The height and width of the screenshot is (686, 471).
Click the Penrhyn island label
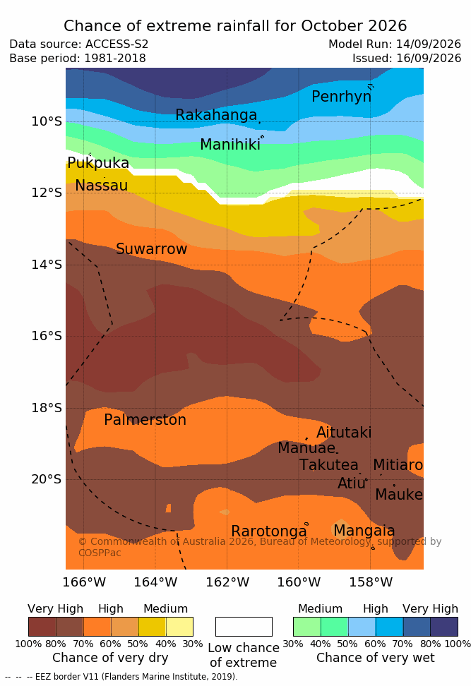[342, 97]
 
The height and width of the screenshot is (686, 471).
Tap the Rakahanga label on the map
[216, 115]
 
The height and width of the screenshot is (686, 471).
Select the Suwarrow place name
[151, 249]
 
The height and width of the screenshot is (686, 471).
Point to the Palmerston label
[145, 420]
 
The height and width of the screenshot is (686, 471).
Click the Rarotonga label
[269, 531]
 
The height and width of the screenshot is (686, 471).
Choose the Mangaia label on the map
[364, 531]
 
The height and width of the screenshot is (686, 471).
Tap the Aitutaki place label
[344, 433]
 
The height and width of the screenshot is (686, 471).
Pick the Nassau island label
[102, 186]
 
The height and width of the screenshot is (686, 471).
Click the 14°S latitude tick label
[47, 264]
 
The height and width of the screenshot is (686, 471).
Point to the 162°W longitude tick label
[227, 582]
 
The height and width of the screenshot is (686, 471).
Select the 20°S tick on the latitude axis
[47, 479]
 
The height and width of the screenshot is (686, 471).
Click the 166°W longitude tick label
[84, 582]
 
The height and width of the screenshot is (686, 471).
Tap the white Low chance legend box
[244, 627]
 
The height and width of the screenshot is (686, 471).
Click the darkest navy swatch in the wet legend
[444, 627]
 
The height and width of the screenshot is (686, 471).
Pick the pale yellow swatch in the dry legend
[179, 627]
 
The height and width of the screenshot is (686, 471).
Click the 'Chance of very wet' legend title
[376, 658]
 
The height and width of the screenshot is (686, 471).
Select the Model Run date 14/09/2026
[429, 44]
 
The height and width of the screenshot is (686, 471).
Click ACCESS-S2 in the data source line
[117, 44]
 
